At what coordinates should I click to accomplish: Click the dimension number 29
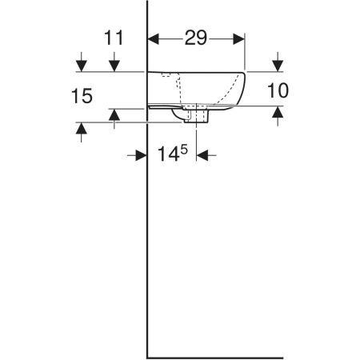pos(196,38)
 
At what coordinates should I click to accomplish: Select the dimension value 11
pos(114,38)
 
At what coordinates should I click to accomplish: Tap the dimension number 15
pos(82,96)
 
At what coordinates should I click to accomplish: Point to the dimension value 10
pos(278,90)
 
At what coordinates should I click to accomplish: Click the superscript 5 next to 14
pos(184,150)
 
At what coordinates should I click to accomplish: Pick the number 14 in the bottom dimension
pos(168,154)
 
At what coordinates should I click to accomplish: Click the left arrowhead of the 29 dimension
pos(154,39)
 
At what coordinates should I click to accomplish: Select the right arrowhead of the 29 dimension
pos(239,39)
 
